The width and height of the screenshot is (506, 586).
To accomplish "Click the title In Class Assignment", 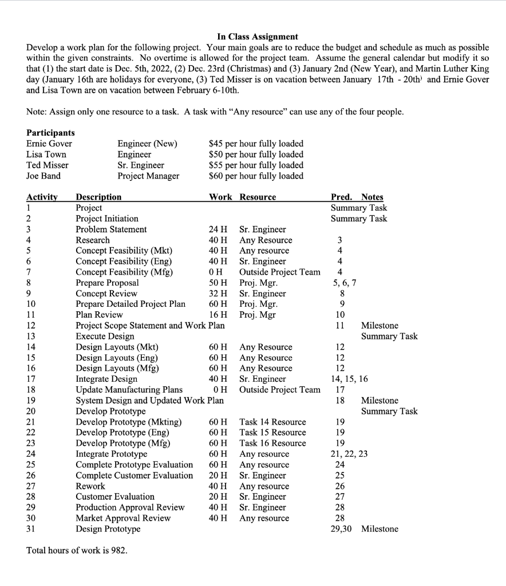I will pyautogui.click(x=258, y=37).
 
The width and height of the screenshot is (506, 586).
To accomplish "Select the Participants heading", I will pyautogui.click(x=50, y=133).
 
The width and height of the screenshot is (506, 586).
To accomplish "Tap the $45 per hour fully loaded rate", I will pyautogui.click(x=256, y=144).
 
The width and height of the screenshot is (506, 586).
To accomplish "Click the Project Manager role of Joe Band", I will pyautogui.click(x=148, y=176).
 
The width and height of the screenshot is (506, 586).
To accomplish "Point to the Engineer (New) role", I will pyautogui.click(x=147, y=144).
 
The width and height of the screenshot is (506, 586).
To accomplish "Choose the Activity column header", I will pyautogui.click(x=42, y=197).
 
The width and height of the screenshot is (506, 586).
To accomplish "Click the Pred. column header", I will pyautogui.click(x=342, y=197).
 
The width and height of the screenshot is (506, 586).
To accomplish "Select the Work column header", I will pyautogui.click(x=220, y=197).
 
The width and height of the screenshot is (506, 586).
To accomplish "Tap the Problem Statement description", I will pyautogui.click(x=111, y=229).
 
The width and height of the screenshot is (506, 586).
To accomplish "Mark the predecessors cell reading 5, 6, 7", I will pyautogui.click(x=345, y=283).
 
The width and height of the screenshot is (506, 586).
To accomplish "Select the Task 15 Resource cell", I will pyautogui.click(x=272, y=433).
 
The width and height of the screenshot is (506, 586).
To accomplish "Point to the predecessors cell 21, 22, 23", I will pyautogui.click(x=349, y=454).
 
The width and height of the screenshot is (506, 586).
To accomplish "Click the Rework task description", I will pyautogui.click(x=90, y=486).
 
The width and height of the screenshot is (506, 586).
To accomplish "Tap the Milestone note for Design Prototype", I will pyautogui.click(x=379, y=529).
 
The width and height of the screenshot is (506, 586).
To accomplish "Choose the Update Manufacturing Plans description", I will pyautogui.click(x=129, y=390).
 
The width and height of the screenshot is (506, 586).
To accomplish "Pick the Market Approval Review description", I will pyautogui.click(x=123, y=518).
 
